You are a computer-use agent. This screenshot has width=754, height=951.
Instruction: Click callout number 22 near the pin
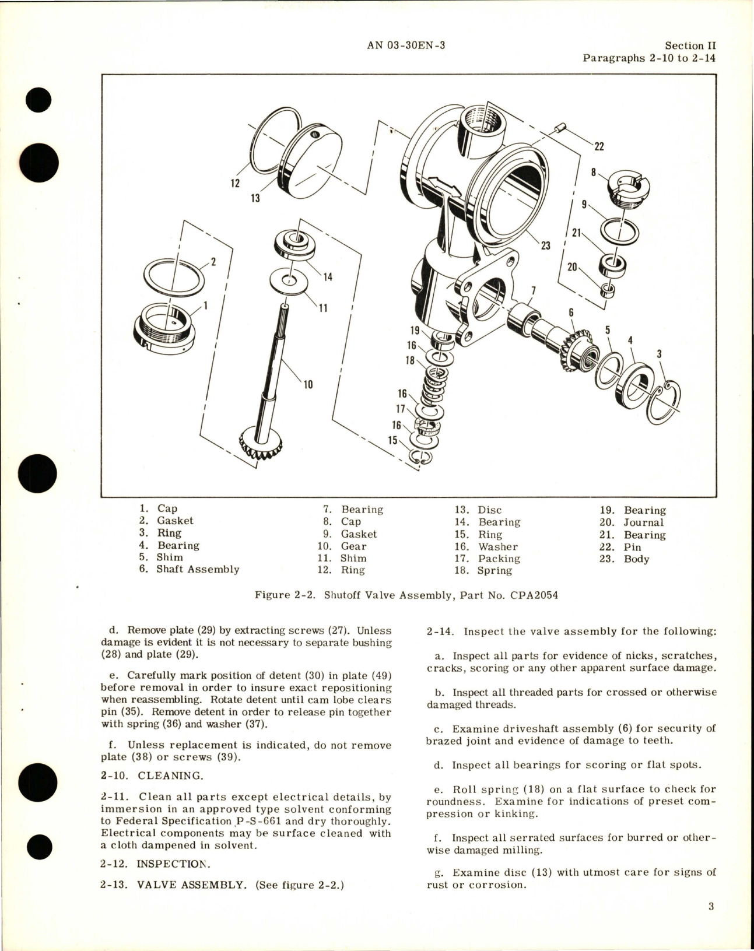[x=599, y=146]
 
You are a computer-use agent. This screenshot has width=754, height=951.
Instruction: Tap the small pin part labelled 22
[x=561, y=127]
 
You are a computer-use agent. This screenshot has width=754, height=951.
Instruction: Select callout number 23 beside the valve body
[x=545, y=245]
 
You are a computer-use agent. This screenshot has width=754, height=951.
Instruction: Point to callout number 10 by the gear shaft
[x=308, y=384]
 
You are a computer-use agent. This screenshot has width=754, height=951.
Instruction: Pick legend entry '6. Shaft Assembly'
[x=189, y=569]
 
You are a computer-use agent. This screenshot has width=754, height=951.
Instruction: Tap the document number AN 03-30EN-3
[x=406, y=45]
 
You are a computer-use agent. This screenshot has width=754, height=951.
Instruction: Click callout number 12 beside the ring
[x=235, y=184]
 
